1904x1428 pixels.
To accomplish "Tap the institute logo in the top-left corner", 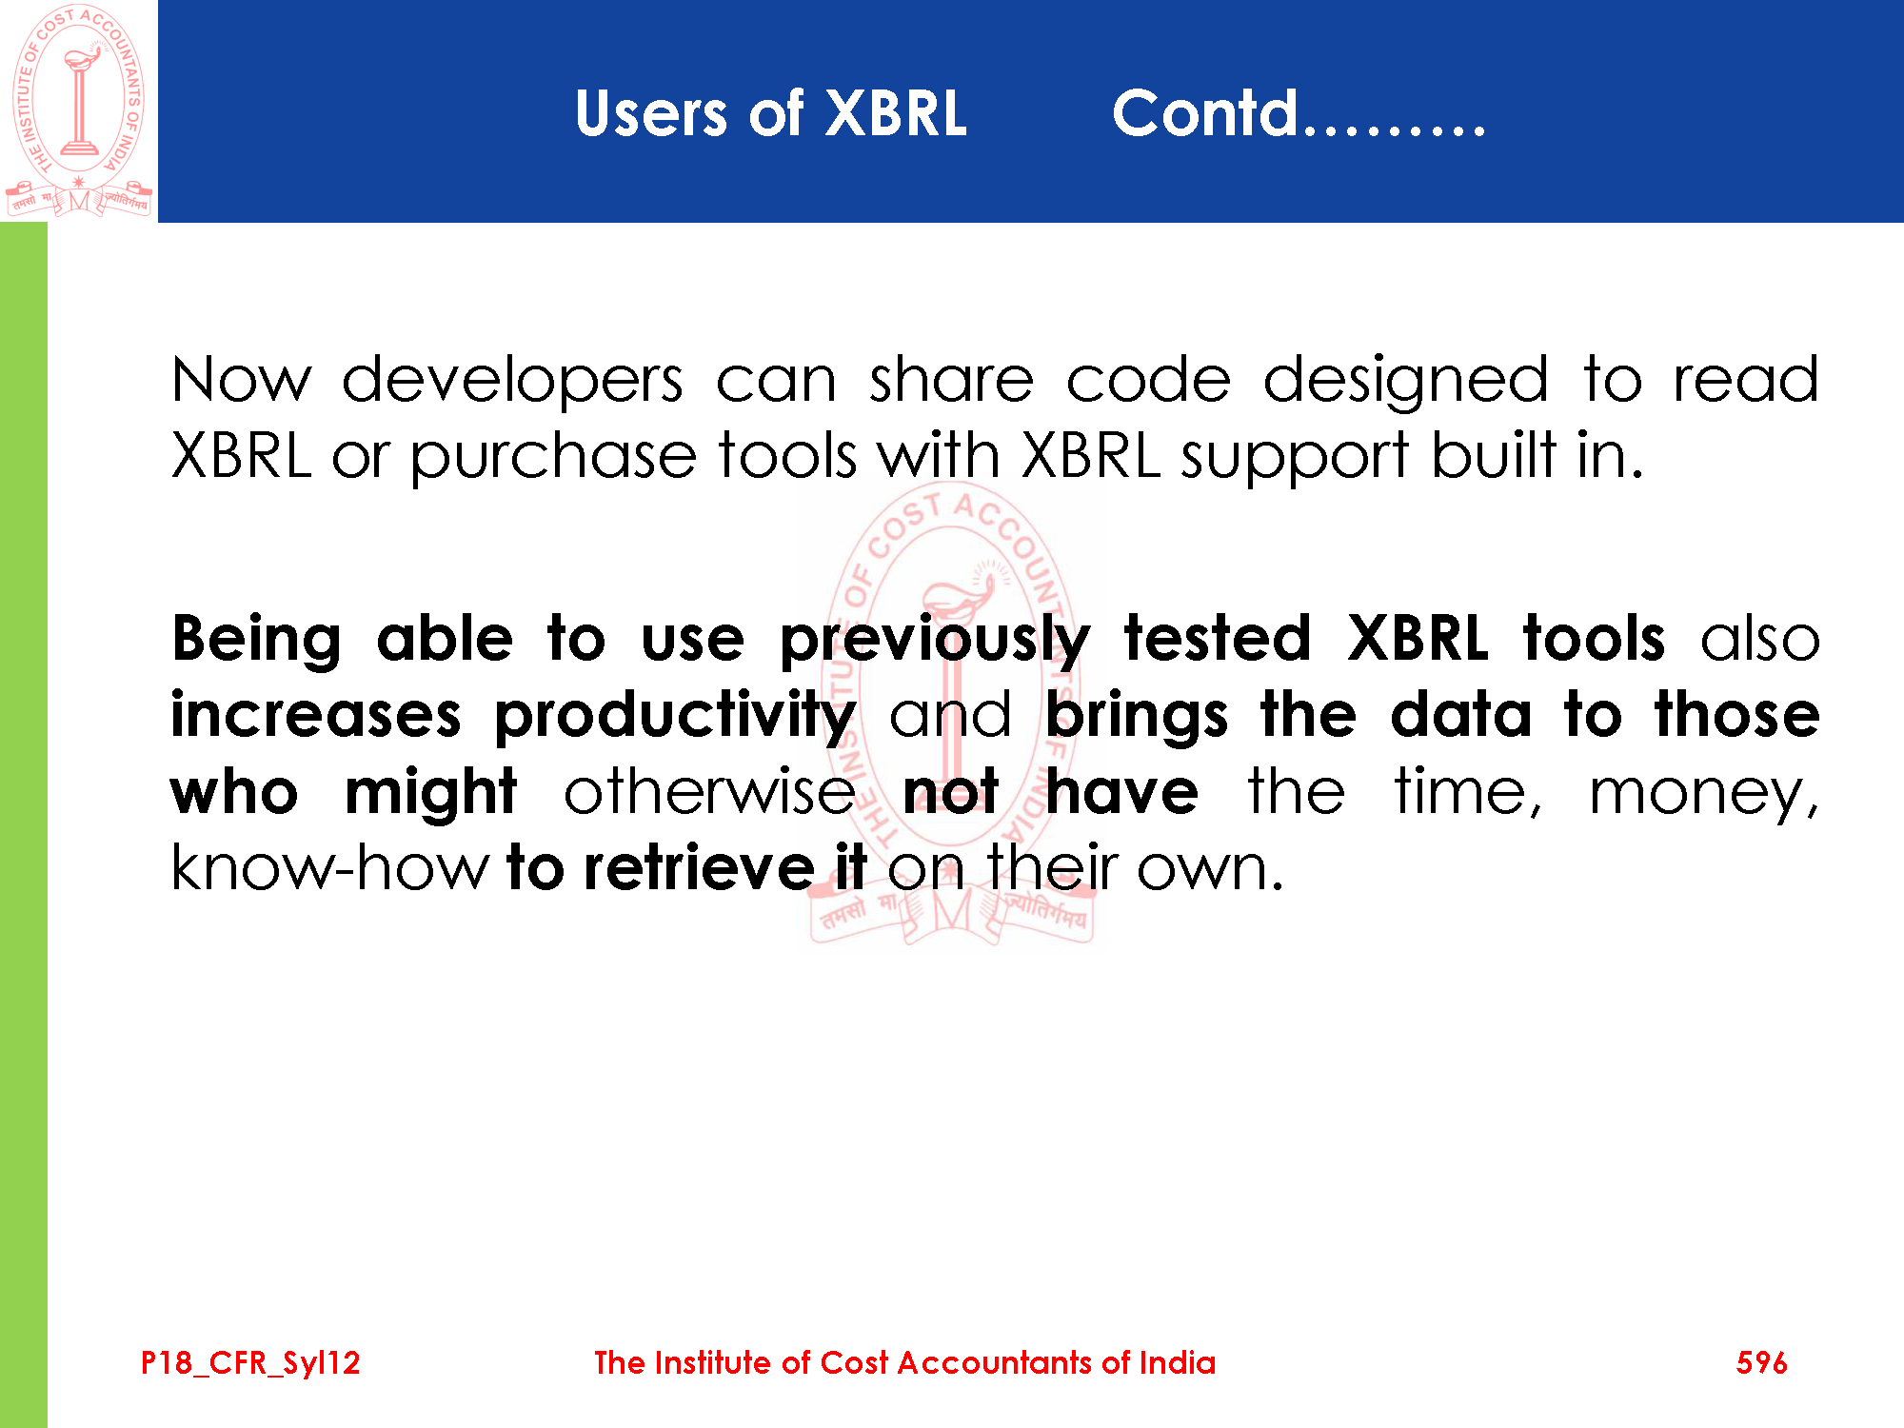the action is click(x=78, y=110).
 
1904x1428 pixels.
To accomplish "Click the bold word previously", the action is click(x=935, y=641).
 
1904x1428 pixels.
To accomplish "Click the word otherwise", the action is click(x=709, y=791).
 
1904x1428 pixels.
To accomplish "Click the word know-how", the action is click(x=329, y=868).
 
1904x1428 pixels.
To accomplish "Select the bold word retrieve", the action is click(x=699, y=868).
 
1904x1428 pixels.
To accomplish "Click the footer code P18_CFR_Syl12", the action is click(x=250, y=1363).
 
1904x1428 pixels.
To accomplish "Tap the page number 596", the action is click(x=1761, y=1362).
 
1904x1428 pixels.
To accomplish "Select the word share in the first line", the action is click(x=951, y=379).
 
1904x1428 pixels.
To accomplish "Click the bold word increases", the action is click(x=316, y=715).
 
